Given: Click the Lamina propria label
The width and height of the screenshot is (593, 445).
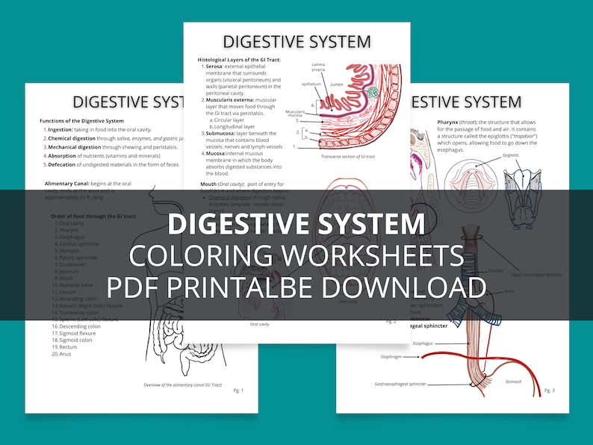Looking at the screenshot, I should (318, 68).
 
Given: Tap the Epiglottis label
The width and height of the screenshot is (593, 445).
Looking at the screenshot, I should (511, 155).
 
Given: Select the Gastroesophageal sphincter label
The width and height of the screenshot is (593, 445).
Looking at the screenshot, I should (400, 384).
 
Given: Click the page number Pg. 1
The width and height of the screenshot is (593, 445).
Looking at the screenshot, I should (237, 390).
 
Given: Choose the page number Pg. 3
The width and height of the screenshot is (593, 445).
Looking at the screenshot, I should (549, 390).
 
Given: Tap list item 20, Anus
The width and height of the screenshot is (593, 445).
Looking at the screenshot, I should (67, 353).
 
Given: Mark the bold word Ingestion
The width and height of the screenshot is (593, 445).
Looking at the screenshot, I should (60, 129).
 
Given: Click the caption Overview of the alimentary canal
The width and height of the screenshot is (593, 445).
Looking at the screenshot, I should (183, 385).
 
